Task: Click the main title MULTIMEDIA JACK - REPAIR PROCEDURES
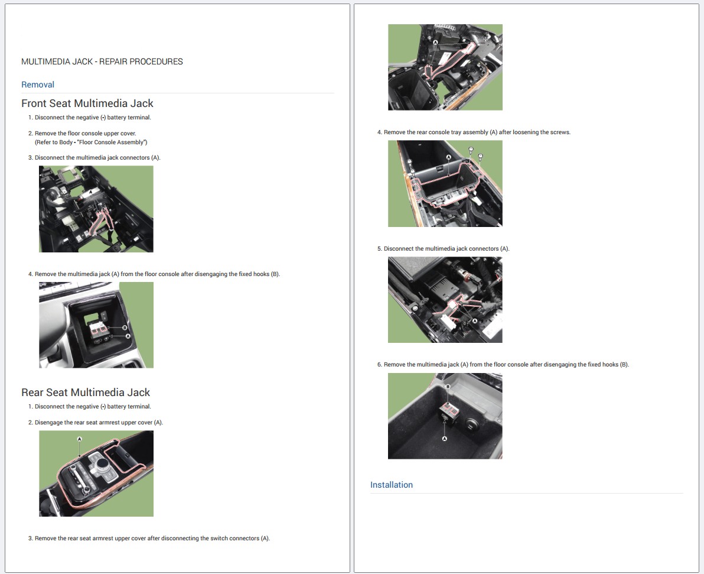tap(102, 61)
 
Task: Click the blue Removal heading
tap(38, 85)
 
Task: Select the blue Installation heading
tap(392, 485)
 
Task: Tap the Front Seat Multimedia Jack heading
tap(87, 103)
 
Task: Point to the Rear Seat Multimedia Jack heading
tap(86, 393)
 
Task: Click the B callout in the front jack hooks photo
tap(125, 327)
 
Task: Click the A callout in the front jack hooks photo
tap(128, 336)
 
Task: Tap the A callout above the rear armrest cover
tap(80, 439)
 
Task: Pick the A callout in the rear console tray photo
tap(448, 157)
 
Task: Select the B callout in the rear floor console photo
tap(448, 387)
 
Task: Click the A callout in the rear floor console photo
tap(445, 439)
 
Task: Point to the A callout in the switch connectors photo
tap(435, 42)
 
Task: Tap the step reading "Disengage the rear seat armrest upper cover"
tap(96, 423)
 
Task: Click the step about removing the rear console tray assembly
tap(474, 132)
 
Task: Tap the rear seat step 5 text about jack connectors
tap(443, 248)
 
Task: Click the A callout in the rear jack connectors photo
tap(475, 321)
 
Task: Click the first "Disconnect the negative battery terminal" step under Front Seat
tap(89, 117)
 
